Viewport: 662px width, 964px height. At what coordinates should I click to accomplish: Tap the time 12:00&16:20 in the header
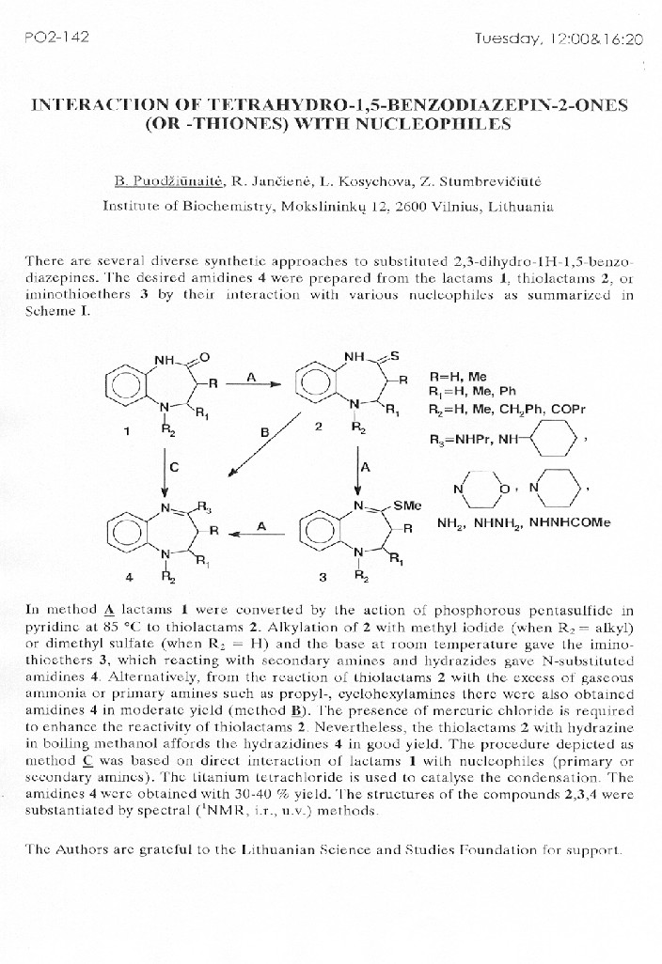[x=559, y=39]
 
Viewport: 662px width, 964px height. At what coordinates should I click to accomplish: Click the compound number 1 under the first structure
[x=126, y=431]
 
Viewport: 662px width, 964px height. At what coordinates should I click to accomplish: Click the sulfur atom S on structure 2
[x=395, y=356]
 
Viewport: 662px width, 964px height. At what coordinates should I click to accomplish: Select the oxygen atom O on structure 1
[x=204, y=356]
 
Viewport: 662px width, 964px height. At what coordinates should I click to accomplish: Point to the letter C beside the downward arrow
[x=174, y=465]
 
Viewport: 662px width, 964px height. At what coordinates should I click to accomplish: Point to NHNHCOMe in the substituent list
[x=571, y=523]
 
